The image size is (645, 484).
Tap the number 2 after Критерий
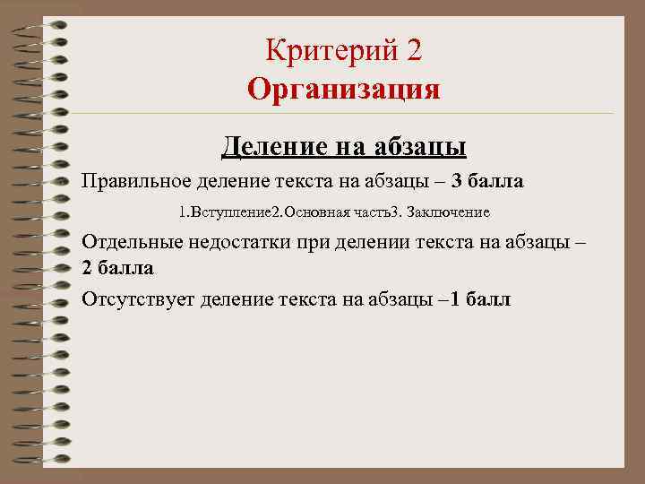(412, 51)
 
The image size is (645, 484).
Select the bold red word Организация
(344, 90)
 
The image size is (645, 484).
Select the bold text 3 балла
(488, 182)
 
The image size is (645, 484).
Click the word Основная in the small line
(306, 213)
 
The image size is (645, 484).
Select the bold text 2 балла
(117, 268)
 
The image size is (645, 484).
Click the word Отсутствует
(137, 299)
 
